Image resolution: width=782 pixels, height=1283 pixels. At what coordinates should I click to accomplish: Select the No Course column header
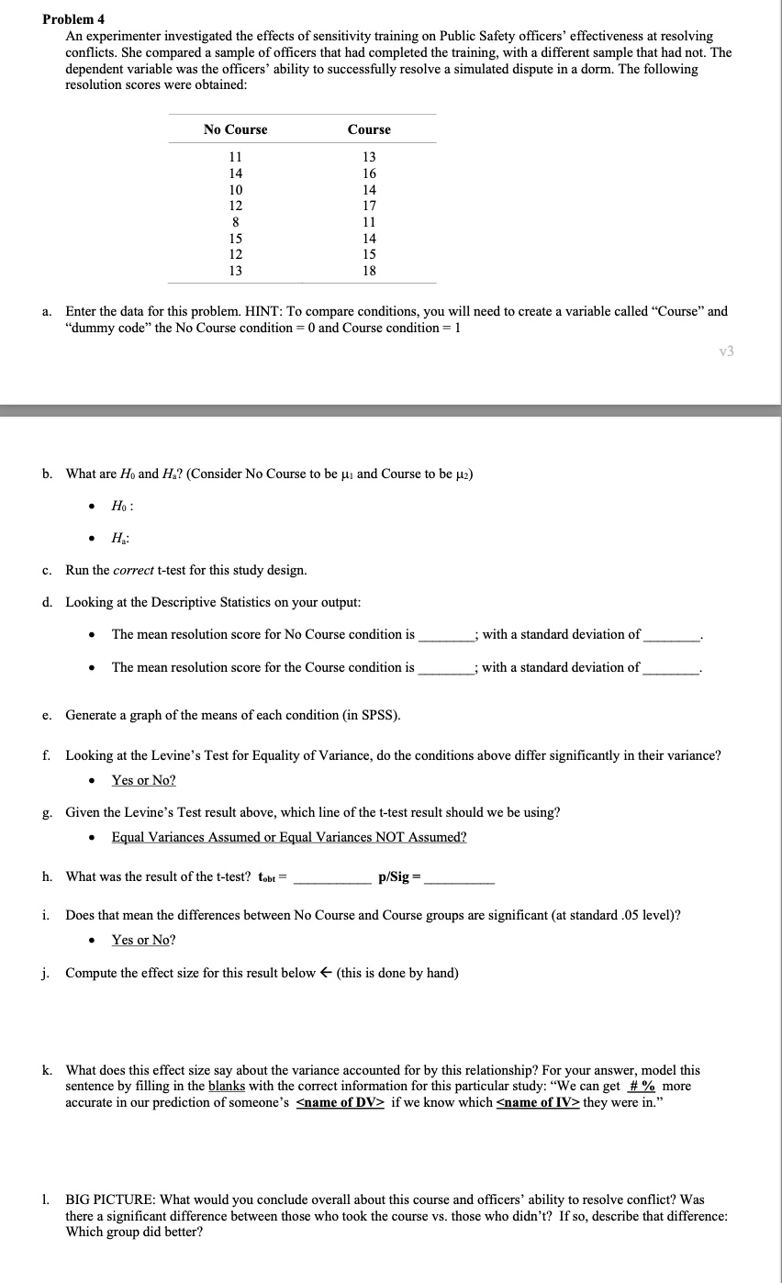pos(236,129)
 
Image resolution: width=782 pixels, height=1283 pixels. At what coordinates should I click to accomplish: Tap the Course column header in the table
pos(369,129)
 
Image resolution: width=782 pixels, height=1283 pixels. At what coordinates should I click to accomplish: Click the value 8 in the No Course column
pos(236,221)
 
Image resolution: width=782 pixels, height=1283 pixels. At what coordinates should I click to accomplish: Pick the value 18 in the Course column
pos(369,271)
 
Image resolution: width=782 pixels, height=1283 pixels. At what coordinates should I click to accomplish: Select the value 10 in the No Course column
pos(236,189)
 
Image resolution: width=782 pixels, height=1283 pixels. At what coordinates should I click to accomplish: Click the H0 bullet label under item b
pos(122,507)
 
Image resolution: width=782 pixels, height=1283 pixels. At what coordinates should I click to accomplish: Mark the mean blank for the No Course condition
pos(445,635)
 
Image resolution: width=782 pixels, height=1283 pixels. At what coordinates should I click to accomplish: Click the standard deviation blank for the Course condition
pos(671,668)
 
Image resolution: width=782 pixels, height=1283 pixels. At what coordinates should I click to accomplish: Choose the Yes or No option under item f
pos(143,780)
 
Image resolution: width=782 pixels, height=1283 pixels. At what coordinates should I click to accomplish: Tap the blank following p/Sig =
pos(460,877)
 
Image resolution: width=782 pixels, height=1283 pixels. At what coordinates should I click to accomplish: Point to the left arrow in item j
pos(326,973)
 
